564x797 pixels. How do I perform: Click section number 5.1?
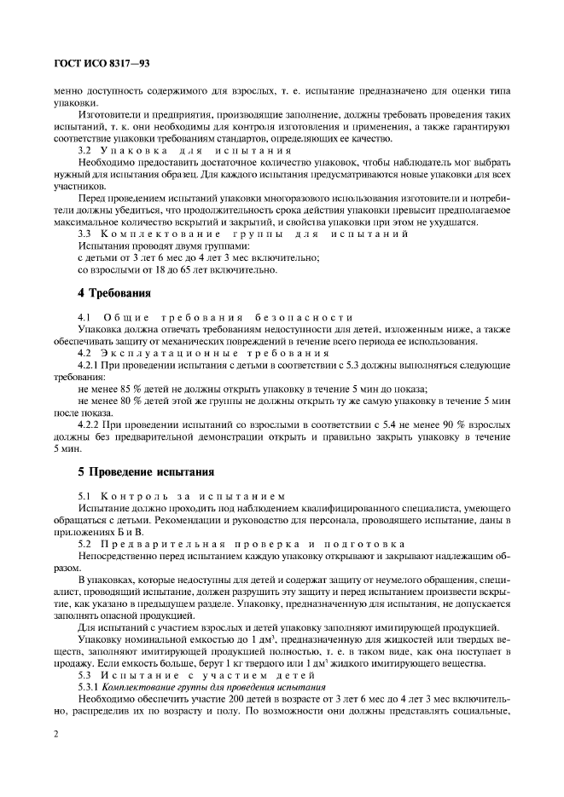tap(84, 494)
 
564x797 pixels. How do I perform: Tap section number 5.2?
tap(84, 542)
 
